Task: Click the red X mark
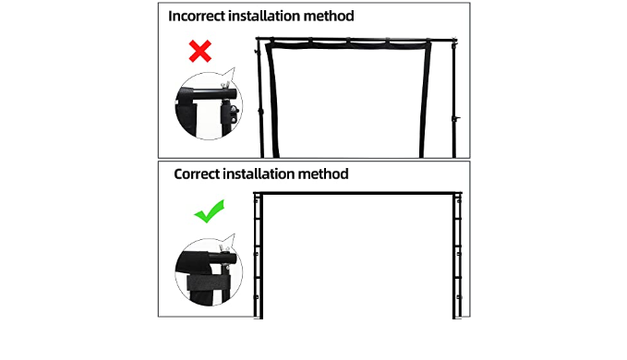(200, 51)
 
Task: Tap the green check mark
(209, 211)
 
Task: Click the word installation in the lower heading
(259, 174)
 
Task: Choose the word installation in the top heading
(264, 16)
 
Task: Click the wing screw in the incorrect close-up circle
(225, 85)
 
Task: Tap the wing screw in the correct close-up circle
(224, 250)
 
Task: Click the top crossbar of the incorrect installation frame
(356, 39)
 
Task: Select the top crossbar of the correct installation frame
(357, 193)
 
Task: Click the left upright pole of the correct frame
(259, 256)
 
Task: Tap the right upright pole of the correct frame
(457, 256)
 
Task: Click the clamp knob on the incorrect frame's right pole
(456, 118)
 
